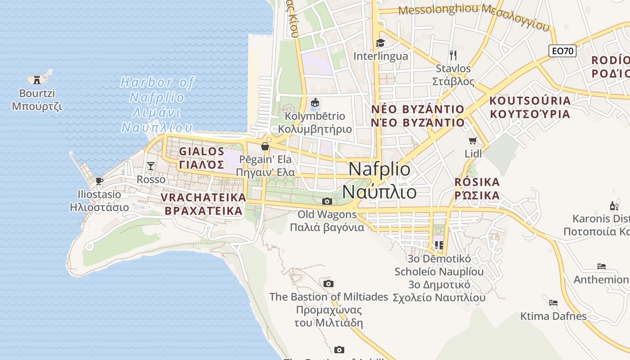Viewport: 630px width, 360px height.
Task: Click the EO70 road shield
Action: coord(562,51)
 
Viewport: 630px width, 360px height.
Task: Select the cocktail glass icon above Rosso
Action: coord(151,166)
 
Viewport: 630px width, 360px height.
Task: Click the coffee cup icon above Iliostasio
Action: coord(99,181)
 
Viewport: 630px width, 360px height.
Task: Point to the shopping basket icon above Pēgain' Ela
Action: coord(265,146)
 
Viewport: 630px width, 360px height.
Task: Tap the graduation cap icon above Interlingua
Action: coord(381,43)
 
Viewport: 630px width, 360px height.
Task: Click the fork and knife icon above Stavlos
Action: coord(453,55)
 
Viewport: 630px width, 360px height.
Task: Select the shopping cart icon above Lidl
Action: coord(473,141)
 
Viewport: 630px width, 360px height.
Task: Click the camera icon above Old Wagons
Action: coord(327,201)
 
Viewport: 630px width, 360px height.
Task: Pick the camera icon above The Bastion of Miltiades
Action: coord(328,283)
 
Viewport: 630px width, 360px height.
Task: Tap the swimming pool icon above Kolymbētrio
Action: coord(315,103)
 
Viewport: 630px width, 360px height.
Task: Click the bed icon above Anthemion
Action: coord(602,266)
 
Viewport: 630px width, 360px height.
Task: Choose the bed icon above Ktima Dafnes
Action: coord(553,302)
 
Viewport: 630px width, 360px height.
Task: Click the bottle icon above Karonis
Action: coord(613,206)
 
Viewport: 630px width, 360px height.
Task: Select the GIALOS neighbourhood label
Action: coord(202,152)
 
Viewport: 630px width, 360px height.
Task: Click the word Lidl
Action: coord(473,154)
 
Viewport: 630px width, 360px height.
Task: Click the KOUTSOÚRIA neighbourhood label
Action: coord(530,100)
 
